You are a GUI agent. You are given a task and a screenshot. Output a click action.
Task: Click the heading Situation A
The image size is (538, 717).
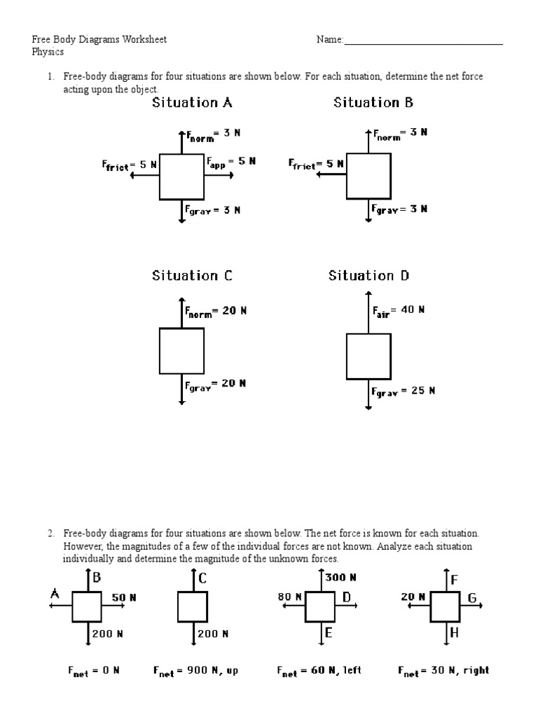point(192,103)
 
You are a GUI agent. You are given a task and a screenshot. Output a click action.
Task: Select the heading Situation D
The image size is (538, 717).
point(368,276)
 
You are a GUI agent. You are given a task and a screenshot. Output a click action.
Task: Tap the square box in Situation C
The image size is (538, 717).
point(181,351)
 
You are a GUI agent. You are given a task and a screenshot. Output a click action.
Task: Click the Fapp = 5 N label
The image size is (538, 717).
point(231,161)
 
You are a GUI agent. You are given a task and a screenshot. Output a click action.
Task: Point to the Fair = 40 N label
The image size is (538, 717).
point(398,309)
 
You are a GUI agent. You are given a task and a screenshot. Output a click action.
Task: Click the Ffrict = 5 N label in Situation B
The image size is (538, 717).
point(316,164)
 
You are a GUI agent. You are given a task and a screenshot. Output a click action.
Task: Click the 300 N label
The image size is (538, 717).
point(340,578)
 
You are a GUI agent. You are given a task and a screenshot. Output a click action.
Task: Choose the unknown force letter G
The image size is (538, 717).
point(471,598)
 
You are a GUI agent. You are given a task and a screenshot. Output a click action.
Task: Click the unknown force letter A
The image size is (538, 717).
point(54,594)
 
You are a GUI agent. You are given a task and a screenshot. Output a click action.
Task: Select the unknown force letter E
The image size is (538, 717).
point(327,634)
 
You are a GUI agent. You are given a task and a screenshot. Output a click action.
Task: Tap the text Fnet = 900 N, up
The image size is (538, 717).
point(196,671)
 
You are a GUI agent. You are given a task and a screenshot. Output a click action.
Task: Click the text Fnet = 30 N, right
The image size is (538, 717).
point(443,671)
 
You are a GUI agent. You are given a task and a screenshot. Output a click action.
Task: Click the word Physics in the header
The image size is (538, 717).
point(48,52)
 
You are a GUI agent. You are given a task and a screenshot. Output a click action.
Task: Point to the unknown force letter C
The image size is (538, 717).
point(202,578)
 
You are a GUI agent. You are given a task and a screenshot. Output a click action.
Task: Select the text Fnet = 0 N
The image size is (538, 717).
point(94,671)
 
